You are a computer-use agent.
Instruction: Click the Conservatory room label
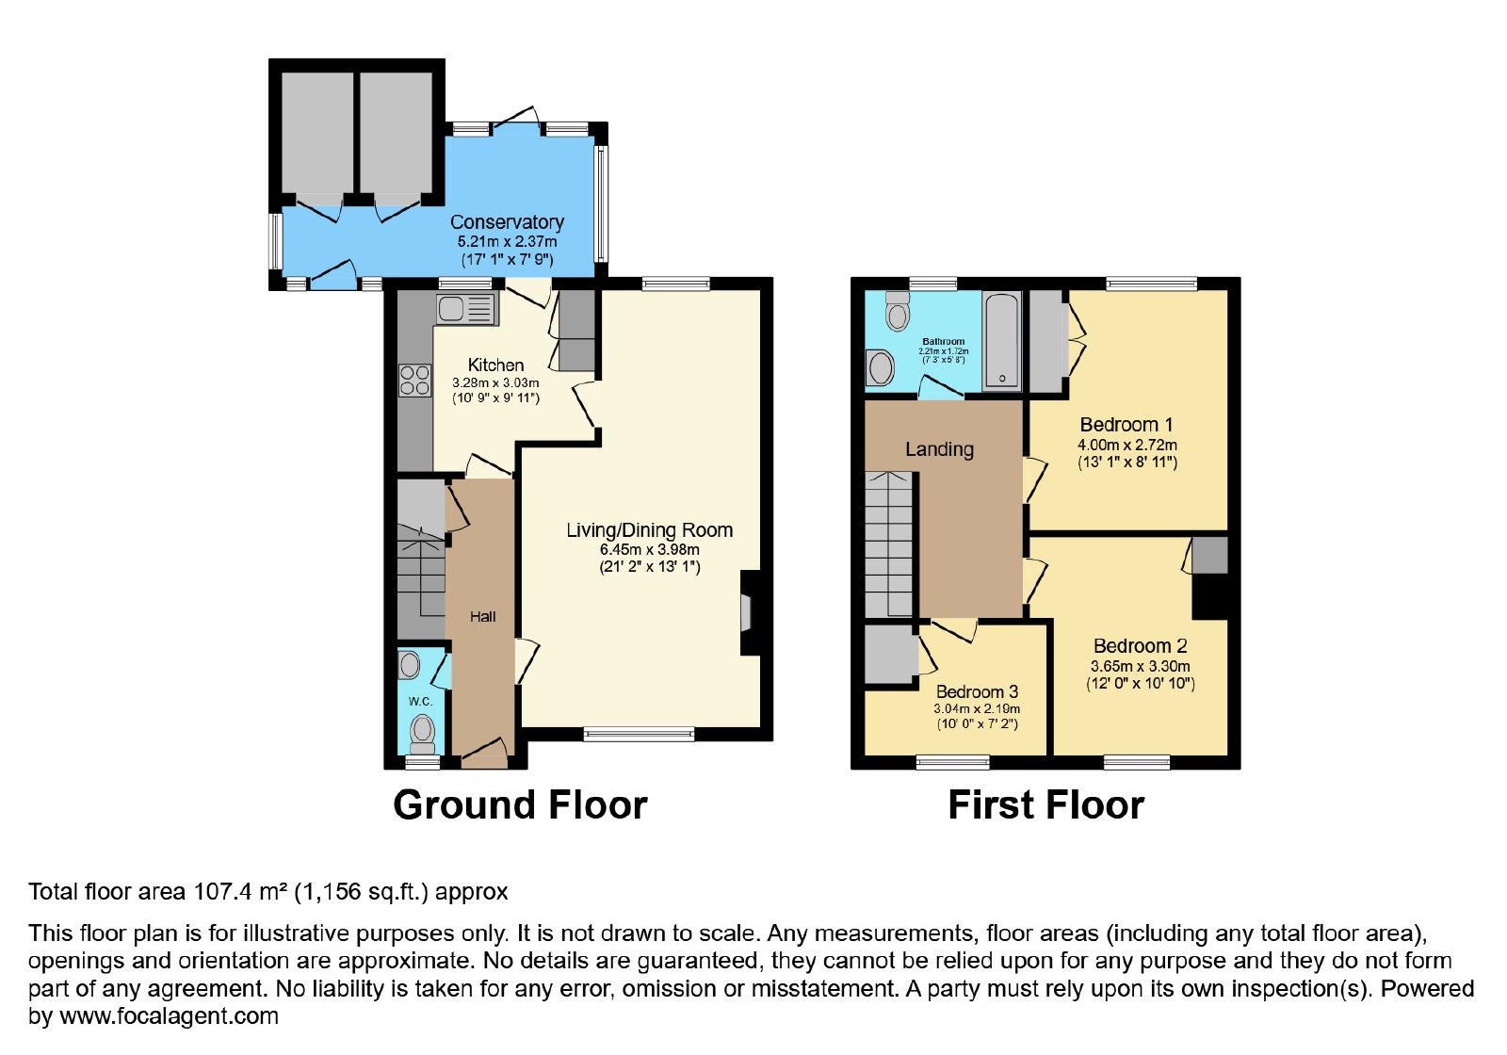pyautogui.click(x=507, y=222)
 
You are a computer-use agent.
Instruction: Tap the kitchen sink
pyautogui.click(x=465, y=310)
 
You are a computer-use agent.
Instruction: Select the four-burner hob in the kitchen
pyautogui.click(x=414, y=381)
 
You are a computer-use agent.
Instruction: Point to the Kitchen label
pyautogui.click(x=495, y=365)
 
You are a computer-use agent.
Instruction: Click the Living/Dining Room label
pyautogui.click(x=649, y=530)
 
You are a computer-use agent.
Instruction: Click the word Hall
pyautogui.click(x=482, y=616)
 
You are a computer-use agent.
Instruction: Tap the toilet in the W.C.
pyautogui.click(x=422, y=735)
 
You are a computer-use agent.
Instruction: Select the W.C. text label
pyautogui.click(x=420, y=701)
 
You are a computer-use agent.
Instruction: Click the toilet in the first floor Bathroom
pyautogui.click(x=897, y=311)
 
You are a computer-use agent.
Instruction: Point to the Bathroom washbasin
pyautogui.click(x=881, y=368)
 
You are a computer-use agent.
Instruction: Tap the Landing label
pyautogui.click(x=939, y=449)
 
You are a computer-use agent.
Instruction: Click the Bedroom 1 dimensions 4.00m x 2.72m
pyautogui.click(x=1126, y=445)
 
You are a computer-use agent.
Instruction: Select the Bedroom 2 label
pyautogui.click(x=1141, y=646)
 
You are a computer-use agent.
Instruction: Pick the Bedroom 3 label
pyautogui.click(x=977, y=691)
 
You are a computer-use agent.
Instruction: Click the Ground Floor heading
pyautogui.click(x=520, y=804)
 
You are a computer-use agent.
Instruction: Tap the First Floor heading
pyautogui.click(x=1046, y=804)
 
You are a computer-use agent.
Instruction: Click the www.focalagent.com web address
pyautogui.click(x=169, y=1015)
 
